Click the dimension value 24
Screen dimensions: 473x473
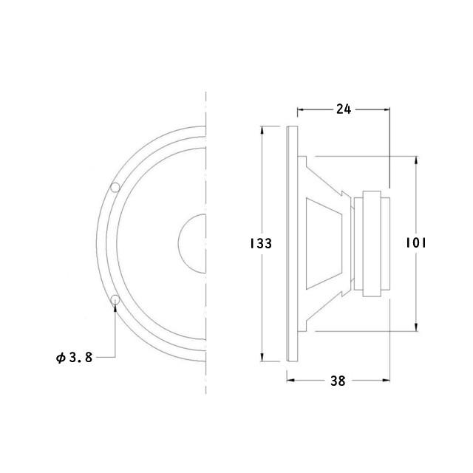pyautogui.click(x=344, y=109)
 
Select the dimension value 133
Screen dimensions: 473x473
pyautogui.click(x=261, y=243)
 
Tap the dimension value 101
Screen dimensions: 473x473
pyautogui.click(x=415, y=243)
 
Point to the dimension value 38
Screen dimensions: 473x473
pyautogui.click(x=338, y=381)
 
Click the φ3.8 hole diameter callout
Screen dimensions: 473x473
pyautogui.click(x=74, y=358)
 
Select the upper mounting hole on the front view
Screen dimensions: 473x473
pyautogui.click(x=115, y=187)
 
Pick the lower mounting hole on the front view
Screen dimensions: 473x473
pyautogui.click(x=115, y=299)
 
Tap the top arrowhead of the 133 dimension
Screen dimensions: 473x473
pyautogui.click(x=262, y=130)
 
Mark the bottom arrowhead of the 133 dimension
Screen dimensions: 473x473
pyautogui.click(x=262, y=357)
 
